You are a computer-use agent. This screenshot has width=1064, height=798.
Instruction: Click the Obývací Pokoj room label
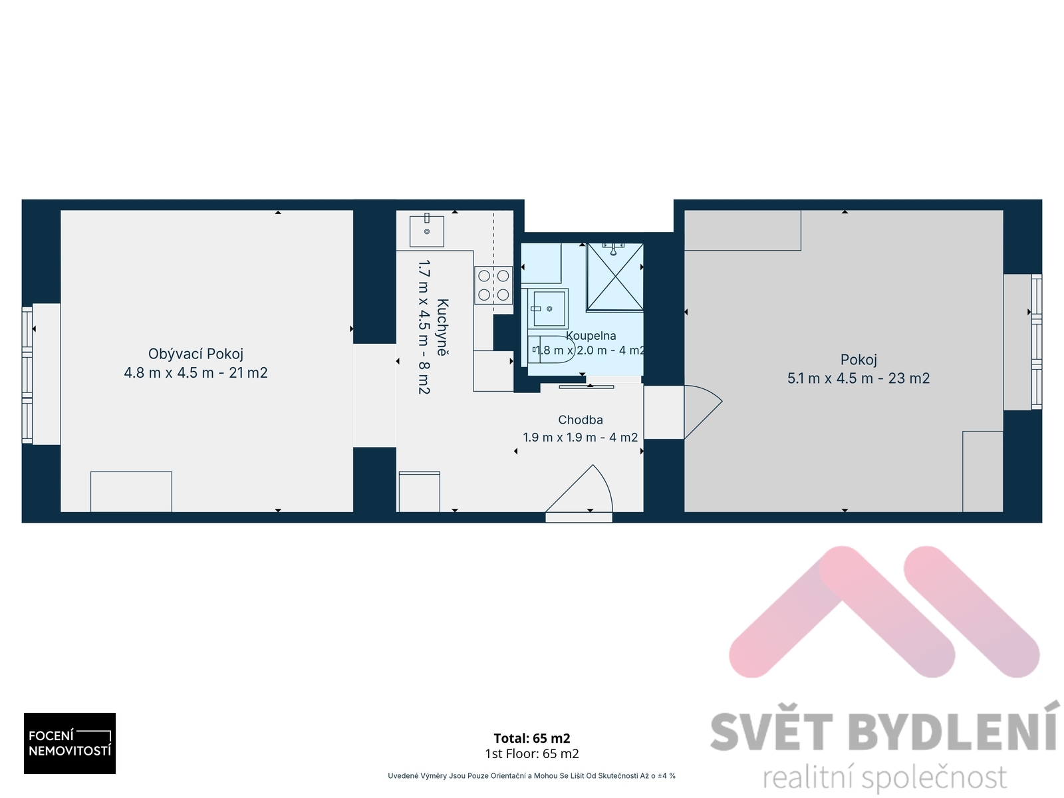196,354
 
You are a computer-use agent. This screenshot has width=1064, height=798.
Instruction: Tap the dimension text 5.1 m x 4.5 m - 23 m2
858,378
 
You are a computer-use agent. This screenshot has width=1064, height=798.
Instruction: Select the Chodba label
581,420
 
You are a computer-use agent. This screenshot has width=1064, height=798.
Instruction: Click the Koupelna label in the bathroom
591,335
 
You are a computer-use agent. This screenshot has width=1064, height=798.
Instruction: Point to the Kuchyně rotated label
443,328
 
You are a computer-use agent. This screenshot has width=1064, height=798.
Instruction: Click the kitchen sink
426,231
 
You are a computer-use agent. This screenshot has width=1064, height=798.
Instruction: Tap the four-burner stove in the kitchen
493,285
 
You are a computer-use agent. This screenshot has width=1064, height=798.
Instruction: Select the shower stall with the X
614,277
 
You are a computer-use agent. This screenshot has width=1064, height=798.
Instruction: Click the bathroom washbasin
549,308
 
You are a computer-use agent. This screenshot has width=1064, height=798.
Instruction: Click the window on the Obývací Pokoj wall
28,375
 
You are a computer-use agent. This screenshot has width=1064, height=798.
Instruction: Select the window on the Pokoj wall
1036,342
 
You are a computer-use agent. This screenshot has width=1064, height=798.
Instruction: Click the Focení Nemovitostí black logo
70,743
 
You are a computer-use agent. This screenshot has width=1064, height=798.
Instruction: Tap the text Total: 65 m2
532,738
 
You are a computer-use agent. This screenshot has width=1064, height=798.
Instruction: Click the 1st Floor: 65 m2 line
532,753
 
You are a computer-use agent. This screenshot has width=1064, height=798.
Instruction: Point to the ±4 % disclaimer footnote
531,775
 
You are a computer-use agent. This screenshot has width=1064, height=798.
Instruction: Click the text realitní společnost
885,777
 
